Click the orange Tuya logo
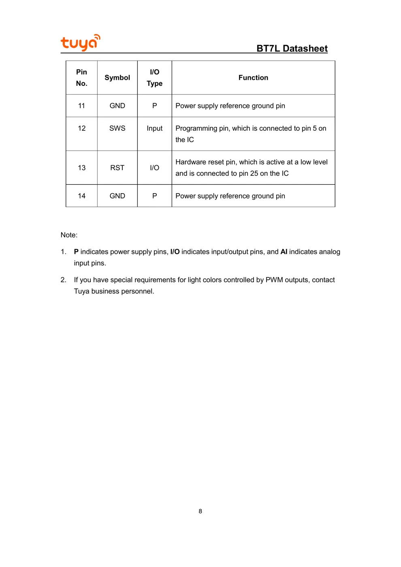pyautogui.click(x=80, y=43)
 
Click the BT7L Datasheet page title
pyautogui.click(x=292, y=49)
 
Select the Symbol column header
pyautogui.click(x=117, y=78)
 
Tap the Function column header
pyautogui.click(x=253, y=78)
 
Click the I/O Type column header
pyautogui.click(x=154, y=78)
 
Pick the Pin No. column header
pyautogui.click(x=81, y=78)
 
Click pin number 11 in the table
pyautogui.click(x=81, y=106)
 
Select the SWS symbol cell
pyautogui.click(x=117, y=128)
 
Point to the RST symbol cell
pyautogui.click(x=117, y=168)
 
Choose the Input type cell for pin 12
pyautogui.click(x=154, y=128)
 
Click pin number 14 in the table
pyautogui.click(x=81, y=196)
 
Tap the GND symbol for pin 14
pyautogui.click(x=117, y=196)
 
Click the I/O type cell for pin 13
pyautogui.click(x=154, y=168)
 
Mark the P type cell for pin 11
pyautogui.click(x=154, y=106)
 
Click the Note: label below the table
pyautogui.click(x=69, y=235)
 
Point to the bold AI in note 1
pyautogui.click(x=284, y=252)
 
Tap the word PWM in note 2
pyautogui.click(x=274, y=280)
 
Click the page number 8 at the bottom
pyautogui.click(x=200, y=511)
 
